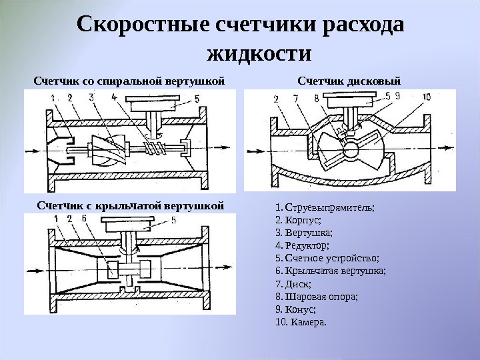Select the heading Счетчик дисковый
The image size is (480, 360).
click(349, 81)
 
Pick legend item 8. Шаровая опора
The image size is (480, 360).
click(316, 297)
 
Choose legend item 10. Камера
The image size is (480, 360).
click(301, 322)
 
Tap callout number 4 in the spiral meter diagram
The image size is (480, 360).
click(114, 97)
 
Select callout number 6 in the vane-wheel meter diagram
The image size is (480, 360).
click(84, 218)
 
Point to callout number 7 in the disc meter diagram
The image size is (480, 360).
click(295, 99)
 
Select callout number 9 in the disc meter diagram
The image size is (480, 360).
click(397, 97)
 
